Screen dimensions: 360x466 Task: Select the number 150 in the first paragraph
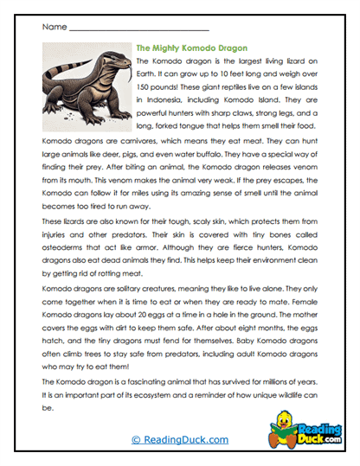pyautogui.click(x=146, y=87)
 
